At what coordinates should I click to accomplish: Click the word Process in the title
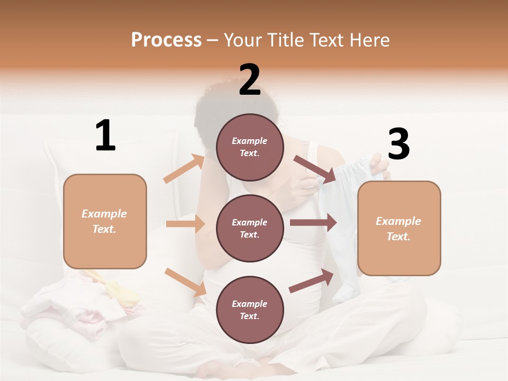click(x=166, y=40)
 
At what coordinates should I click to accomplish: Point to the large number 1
click(x=105, y=136)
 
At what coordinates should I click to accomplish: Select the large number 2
click(x=250, y=80)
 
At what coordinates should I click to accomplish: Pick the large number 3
click(x=398, y=144)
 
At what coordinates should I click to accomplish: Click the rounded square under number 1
click(x=105, y=221)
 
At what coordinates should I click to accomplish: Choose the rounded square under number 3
click(x=399, y=228)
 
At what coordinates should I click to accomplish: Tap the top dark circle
click(x=250, y=147)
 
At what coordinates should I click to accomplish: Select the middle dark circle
click(x=250, y=228)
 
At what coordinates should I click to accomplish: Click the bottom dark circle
click(x=250, y=310)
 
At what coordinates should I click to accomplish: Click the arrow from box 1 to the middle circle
click(x=185, y=224)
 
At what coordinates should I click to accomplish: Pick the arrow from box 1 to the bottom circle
click(x=185, y=282)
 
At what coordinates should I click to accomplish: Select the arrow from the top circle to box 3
click(x=315, y=170)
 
